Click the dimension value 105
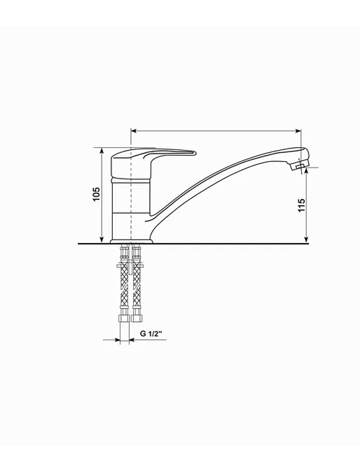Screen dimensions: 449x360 (96, 194)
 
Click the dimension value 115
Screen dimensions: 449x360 (302, 205)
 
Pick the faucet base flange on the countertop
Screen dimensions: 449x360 (131, 241)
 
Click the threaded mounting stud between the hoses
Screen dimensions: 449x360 (130, 267)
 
